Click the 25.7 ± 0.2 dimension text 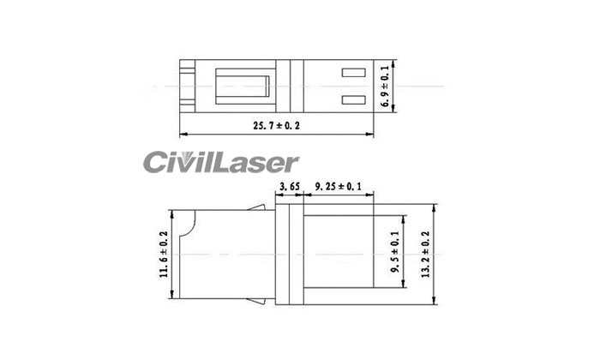pos(276,125)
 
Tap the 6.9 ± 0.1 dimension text pos(386,87)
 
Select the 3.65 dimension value pos(290,187)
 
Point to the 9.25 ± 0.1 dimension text pos(338,187)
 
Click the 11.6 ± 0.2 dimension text pos(165,255)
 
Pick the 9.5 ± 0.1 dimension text pos(395,252)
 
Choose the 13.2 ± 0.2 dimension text pos(425,255)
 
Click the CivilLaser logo pos(221,162)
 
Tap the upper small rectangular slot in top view pos(353,72)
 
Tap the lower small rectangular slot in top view pos(353,100)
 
